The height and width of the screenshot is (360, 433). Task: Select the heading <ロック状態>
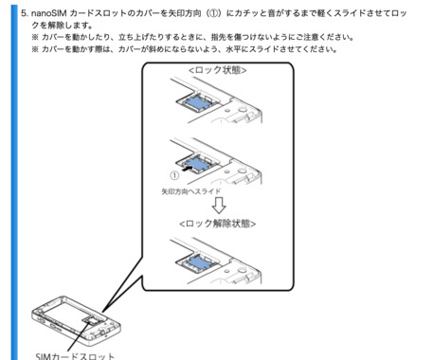217,70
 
